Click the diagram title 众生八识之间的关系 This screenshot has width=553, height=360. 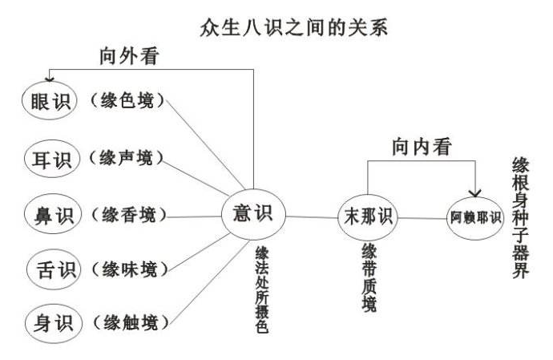[293, 27]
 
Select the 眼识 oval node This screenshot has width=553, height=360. [50, 100]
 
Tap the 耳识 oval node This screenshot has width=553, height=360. [52, 159]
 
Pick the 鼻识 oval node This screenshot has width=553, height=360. [53, 214]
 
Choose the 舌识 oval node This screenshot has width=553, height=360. [54, 269]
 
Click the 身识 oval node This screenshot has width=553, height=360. [54, 324]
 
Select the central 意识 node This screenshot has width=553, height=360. [253, 214]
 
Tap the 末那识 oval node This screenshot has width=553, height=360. [368, 216]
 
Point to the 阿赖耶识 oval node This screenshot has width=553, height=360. [475, 218]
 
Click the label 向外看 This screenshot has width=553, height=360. [129, 56]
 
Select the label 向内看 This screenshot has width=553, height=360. [422, 147]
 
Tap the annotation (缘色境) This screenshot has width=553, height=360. [127, 100]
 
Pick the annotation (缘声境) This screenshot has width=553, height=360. [127, 157]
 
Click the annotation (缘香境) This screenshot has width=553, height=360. [128, 214]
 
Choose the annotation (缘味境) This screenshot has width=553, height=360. [129, 269]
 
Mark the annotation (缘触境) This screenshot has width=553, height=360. [131, 323]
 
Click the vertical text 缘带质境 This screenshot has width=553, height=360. [369, 277]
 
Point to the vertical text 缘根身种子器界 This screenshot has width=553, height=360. [521, 218]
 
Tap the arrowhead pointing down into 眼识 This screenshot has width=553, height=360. [50, 79]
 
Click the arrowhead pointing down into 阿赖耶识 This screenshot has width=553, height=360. [475, 193]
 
